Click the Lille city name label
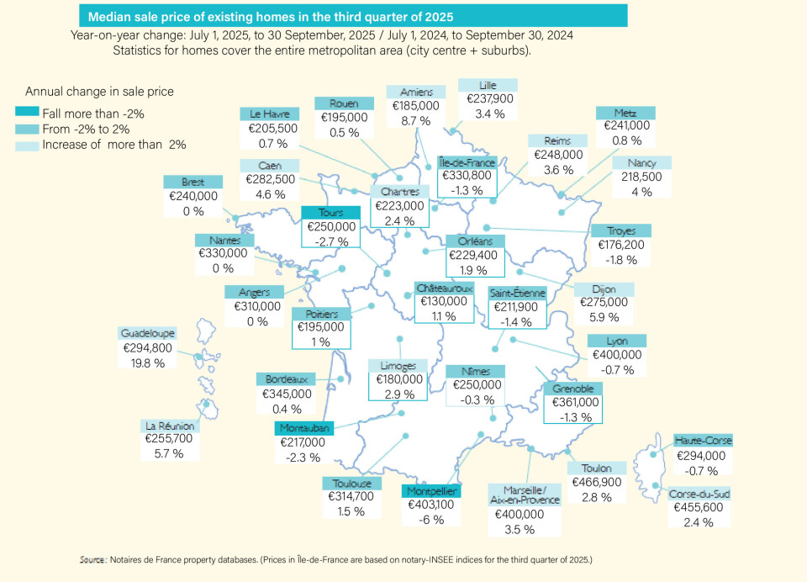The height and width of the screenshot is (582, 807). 488,85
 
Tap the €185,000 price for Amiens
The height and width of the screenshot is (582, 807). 416,107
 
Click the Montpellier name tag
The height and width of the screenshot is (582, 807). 430,490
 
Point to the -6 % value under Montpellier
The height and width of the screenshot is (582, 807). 430,520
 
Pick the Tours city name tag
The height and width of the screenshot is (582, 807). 331,213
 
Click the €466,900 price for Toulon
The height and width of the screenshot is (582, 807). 597,482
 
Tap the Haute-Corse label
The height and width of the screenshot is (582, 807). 703,441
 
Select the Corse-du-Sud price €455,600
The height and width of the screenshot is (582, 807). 699,508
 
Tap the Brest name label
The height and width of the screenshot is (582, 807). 193,182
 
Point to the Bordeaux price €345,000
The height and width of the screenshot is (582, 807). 287,394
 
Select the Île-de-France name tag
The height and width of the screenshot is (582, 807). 468,161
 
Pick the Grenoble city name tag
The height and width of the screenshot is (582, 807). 573,389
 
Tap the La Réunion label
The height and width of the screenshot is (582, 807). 171,426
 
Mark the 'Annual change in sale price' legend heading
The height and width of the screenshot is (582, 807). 99,91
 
